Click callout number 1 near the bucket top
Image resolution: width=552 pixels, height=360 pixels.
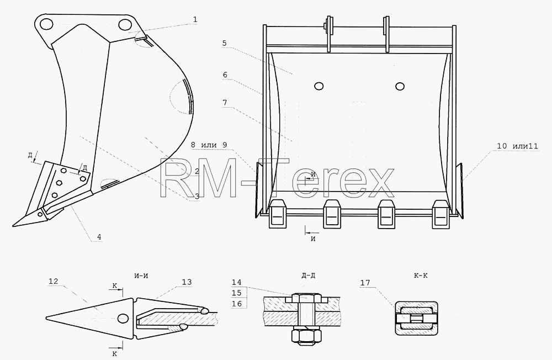click(x=195, y=20)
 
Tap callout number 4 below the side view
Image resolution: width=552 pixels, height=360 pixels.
click(x=99, y=237)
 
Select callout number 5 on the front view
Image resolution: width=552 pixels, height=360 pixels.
click(x=224, y=43)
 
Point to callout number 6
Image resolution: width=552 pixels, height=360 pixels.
click(x=225, y=75)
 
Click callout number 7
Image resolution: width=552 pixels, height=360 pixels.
click(x=225, y=103)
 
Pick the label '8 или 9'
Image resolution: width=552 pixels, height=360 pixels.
click(x=209, y=145)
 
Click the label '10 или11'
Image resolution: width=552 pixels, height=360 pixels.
click(x=518, y=146)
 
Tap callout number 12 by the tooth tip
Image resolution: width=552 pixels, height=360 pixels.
click(x=54, y=282)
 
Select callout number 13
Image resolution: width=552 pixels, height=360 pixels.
click(x=187, y=282)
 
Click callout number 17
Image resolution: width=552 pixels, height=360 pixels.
click(x=365, y=283)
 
